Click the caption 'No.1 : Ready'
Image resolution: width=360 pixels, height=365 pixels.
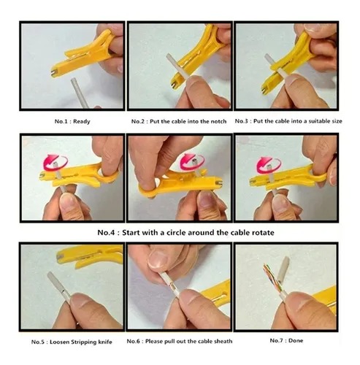[x=72, y=121]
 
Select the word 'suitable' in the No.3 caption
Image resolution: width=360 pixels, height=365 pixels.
[x=319, y=121]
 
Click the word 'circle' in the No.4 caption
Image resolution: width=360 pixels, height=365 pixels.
[x=176, y=233]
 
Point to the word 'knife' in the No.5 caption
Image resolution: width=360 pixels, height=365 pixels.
[x=105, y=342]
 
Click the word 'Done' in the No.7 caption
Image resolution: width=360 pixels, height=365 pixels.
[x=296, y=340]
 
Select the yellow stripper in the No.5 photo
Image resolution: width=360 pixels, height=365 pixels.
[x=90, y=257]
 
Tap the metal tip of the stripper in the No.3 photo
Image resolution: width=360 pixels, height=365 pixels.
[x=264, y=89]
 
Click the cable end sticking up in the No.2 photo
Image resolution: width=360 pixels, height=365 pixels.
[x=173, y=64]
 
